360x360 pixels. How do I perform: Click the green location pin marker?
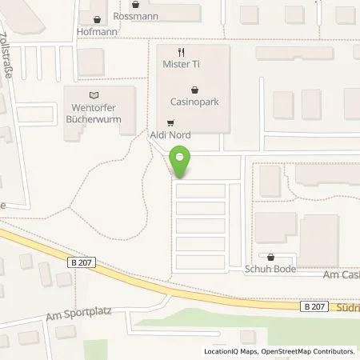click(x=181, y=162)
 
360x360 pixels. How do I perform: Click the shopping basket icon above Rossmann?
click(x=134, y=4)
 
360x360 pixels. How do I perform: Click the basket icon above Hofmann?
click(x=97, y=20)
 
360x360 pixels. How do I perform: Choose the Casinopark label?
click(x=194, y=102)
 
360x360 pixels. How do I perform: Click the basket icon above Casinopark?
click(x=194, y=90)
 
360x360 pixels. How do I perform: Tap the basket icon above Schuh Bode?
click(x=271, y=258)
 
